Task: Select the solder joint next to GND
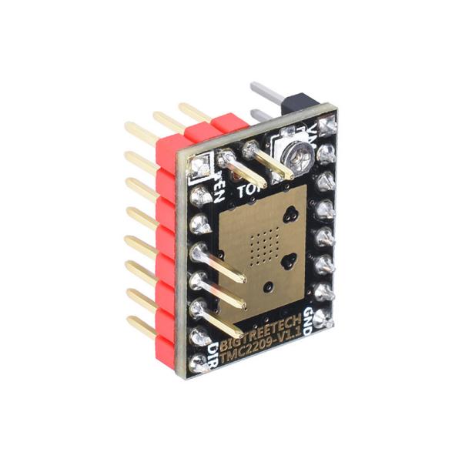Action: (320, 293)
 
